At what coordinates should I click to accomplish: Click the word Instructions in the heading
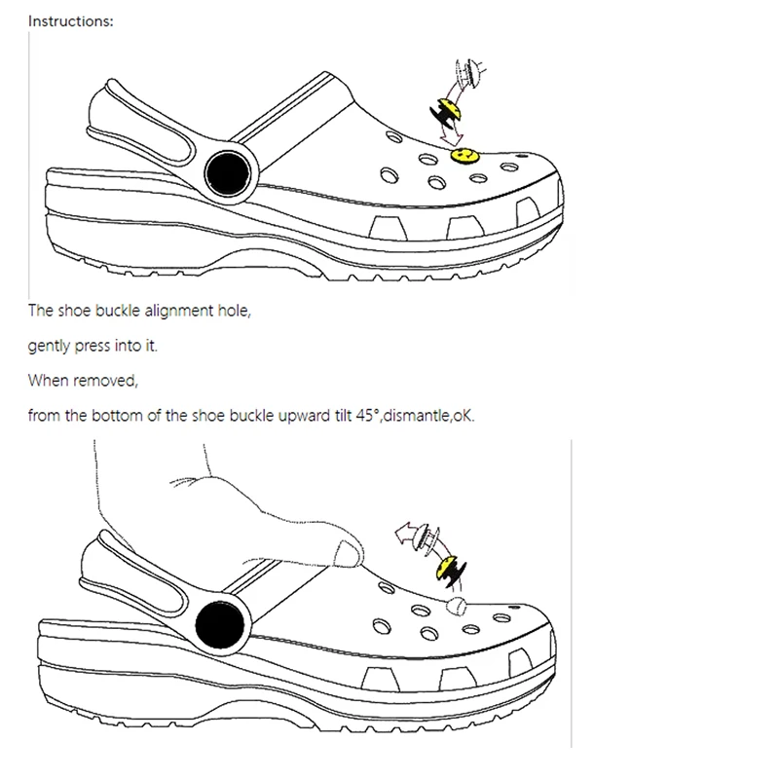(70, 20)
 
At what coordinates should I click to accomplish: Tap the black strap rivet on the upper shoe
(230, 171)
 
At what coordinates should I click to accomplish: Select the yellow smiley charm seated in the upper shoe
(462, 154)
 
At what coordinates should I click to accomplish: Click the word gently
(50, 347)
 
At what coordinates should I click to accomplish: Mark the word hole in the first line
(242, 312)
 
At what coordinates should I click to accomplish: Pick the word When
(47, 380)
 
